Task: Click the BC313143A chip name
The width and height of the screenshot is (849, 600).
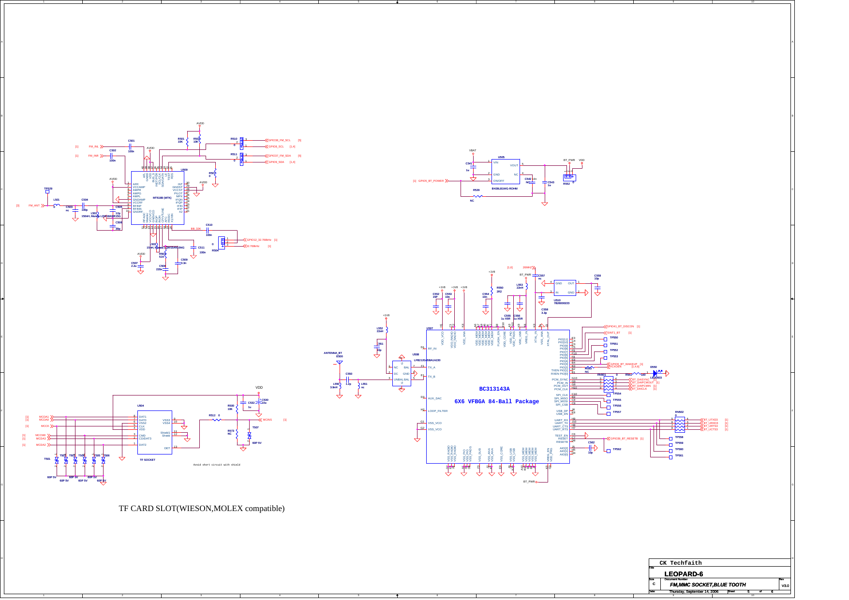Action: point(494,389)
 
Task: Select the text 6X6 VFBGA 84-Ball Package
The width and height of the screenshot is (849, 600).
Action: point(496,402)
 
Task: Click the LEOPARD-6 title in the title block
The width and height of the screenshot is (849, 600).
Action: point(683,574)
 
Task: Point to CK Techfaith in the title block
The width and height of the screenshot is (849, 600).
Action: point(680,563)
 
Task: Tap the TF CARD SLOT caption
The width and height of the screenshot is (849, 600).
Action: point(202,509)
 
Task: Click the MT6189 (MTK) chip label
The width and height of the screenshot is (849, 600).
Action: point(162,198)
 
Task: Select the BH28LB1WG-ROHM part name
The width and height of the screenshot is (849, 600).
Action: point(505,189)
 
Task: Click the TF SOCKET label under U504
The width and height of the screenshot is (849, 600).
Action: point(148,460)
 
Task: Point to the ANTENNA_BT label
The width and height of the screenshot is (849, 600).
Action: point(333,353)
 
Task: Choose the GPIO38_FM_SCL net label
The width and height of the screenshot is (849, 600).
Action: point(279,140)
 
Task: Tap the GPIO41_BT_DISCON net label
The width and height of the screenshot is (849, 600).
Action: point(620,326)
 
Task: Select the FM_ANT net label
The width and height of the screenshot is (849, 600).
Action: point(34,205)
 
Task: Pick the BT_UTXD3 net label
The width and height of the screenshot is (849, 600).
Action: point(711,420)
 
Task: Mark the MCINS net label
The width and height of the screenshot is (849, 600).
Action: point(267,420)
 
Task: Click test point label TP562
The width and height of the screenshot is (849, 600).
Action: point(617,449)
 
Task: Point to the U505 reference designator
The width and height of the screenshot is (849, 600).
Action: point(501,157)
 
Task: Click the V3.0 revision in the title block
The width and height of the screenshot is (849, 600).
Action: point(785,586)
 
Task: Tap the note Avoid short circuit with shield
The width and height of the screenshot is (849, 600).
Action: point(217,465)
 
